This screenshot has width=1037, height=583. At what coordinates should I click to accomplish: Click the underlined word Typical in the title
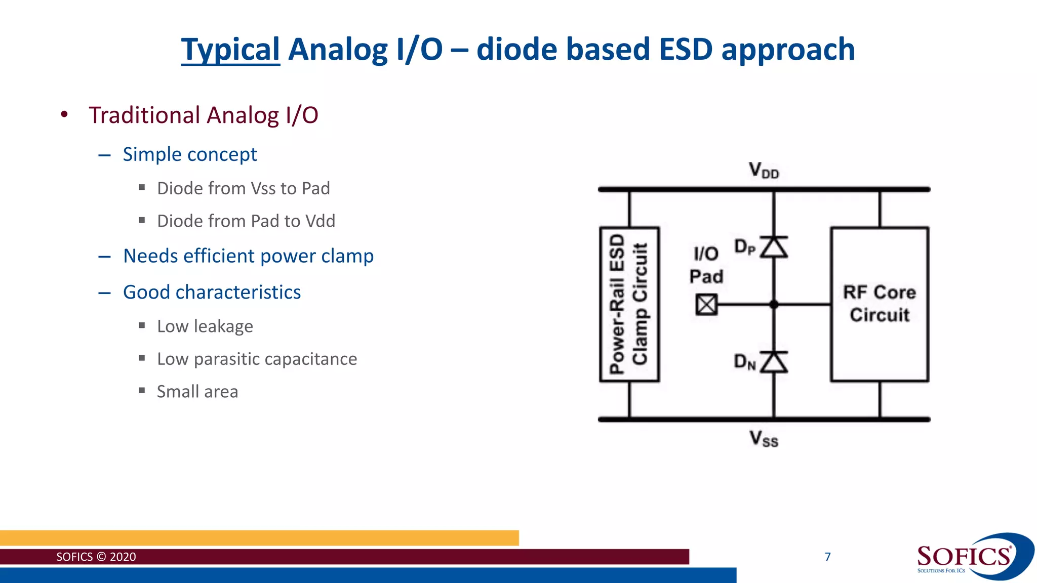(230, 50)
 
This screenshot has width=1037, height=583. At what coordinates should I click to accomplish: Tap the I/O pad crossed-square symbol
(706, 305)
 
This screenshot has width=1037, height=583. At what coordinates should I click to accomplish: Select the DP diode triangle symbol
(774, 247)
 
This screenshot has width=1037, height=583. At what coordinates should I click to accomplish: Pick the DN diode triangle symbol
(774, 362)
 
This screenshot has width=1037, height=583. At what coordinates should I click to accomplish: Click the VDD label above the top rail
(764, 170)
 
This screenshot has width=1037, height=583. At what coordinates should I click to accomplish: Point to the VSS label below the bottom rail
(764, 438)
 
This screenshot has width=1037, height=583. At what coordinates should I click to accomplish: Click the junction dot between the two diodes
(774, 305)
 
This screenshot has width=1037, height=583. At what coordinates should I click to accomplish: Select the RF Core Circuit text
(880, 303)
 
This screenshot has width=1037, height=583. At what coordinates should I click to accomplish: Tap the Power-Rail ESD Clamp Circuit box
(629, 304)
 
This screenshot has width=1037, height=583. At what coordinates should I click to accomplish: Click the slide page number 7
(828, 557)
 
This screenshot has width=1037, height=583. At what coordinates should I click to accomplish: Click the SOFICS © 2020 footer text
(96, 557)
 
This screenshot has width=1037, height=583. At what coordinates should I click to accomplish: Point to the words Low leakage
(205, 326)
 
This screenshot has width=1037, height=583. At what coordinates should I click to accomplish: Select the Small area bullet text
(197, 392)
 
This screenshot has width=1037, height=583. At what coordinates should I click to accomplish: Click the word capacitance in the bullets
(311, 359)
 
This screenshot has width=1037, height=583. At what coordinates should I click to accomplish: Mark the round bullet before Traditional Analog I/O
(64, 115)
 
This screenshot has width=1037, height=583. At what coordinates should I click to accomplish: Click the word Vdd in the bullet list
(321, 221)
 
